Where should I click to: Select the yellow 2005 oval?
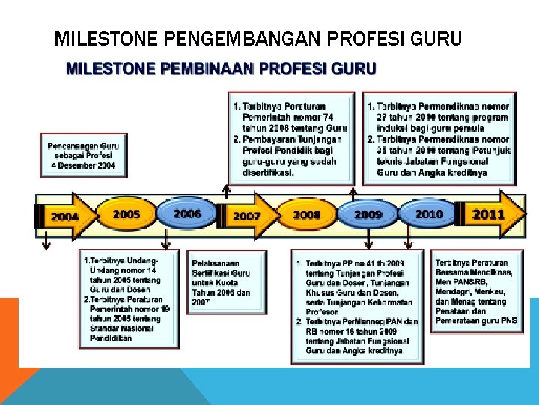click(126, 214)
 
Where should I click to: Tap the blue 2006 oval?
click(187, 214)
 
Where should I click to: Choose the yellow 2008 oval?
click(307, 214)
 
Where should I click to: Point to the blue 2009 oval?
click(368, 214)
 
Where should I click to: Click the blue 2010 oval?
click(429, 214)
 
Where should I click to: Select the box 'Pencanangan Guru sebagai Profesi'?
click(82, 154)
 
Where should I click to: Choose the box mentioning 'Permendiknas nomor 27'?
click(439, 138)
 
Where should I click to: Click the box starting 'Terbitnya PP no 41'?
click(356, 305)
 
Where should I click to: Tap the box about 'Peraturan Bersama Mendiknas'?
click(476, 291)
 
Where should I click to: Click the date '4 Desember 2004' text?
click(83, 166)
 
